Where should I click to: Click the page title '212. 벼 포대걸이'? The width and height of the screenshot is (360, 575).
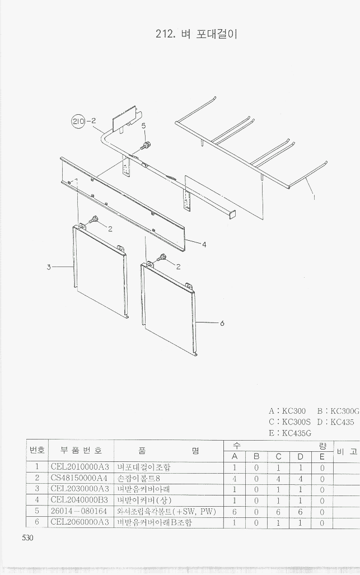[197, 34]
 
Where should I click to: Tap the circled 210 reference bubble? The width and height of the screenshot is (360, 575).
[78, 121]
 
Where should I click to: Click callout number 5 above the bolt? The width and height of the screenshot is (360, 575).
[144, 126]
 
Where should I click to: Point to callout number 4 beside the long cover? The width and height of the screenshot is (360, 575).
[204, 244]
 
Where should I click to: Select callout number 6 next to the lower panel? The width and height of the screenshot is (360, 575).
[222, 323]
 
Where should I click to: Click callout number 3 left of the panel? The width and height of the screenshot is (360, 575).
[49, 267]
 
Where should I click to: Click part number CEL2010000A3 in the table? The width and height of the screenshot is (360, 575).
[80, 467]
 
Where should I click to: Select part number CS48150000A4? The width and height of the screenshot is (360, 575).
[80, 478]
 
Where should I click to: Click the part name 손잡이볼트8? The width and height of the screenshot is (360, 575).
[139, 478]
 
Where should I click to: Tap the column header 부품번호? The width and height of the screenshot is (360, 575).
[81, 450]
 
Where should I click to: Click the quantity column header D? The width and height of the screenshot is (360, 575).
[300, 456]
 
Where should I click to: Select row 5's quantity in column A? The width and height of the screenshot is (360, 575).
[235, 512]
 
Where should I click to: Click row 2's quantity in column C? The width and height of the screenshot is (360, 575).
[278, 479]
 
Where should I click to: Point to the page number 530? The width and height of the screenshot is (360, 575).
[28, 537]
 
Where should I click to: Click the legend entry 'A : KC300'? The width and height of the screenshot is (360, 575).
[287, 411]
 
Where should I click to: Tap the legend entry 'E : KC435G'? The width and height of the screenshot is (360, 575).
[290, 433]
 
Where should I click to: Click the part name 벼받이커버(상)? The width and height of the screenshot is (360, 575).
[144, 500]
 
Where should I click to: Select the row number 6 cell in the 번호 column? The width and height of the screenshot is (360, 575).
[37, 522]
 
